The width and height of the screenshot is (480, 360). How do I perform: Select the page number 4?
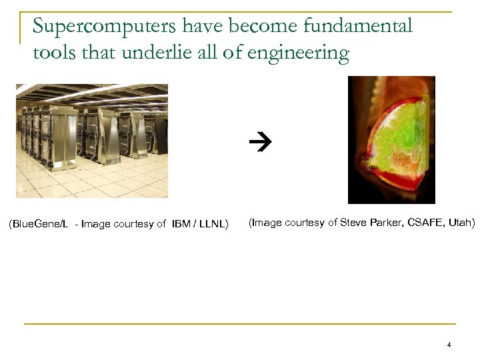click(x=449, y=345)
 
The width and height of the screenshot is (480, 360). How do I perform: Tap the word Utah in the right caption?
click(x=461, y=222)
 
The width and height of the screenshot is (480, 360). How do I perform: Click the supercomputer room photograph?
click(x=92, y=141)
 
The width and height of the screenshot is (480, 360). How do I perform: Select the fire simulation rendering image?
click(x=391, y=139)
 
